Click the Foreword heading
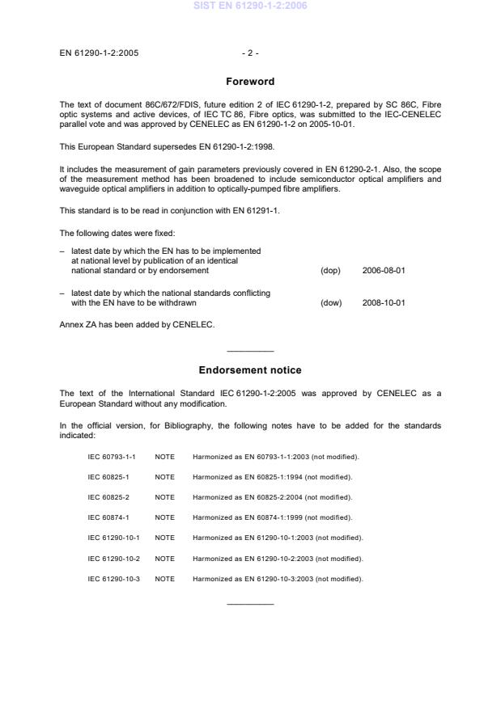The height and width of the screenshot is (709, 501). click(250, 82)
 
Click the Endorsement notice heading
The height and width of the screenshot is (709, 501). click(250, 370)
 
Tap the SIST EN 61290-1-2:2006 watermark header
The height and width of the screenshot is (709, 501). click(250, 6)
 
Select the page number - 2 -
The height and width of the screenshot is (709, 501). click(250, 53)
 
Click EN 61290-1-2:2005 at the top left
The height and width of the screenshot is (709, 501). click(98, 53)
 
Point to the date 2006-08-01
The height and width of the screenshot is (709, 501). click(384, 271)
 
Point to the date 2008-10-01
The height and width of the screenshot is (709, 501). click(384, 303)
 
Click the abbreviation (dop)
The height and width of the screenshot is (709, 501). click(331, 271)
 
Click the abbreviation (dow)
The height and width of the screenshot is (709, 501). click(332, 303)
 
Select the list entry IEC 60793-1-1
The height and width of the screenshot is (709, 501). click(114, 457)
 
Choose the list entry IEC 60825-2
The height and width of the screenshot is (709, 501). click(110, 497)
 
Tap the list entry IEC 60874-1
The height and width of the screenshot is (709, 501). click(110, 517)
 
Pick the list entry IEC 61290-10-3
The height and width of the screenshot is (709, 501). click(114, 579)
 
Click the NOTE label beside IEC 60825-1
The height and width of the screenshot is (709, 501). click(165, 477)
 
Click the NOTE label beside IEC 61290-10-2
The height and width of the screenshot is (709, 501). click(165, 559)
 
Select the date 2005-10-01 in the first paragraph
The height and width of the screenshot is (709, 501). click(335, 124)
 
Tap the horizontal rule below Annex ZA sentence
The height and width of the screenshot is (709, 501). click(250, 351)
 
